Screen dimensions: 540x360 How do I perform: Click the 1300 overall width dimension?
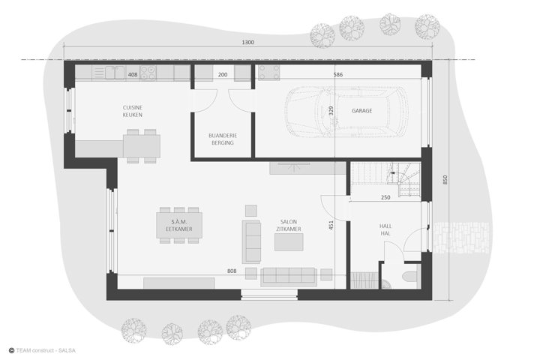tap(248, 42)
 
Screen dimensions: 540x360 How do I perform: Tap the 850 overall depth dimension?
tap(445, 179)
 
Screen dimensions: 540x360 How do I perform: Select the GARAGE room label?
tap(362, 110)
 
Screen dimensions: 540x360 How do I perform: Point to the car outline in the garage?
tap(346, 112)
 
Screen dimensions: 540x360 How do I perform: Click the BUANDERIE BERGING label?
tap(223, 139)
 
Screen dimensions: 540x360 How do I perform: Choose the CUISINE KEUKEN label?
tap(133, 111)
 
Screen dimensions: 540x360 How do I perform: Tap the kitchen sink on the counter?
tap(115, 73)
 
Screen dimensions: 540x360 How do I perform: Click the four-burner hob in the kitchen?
tap(148, 73)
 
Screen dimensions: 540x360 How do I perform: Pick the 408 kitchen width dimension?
tap(133, 74)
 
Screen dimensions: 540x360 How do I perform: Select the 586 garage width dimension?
tap(338, 74)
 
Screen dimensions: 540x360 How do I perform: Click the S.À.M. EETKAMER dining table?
tap(179, 225)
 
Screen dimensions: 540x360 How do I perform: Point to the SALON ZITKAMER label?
tap(289, 225)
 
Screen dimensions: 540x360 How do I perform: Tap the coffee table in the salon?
tap(289, 241)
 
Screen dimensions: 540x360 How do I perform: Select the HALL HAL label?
tap(385, 229)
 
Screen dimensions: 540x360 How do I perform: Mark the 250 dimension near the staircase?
tap(385, 197)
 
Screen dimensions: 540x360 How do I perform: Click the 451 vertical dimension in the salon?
tap(331, 225)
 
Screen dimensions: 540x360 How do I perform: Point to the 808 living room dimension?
tap(232, 271)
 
